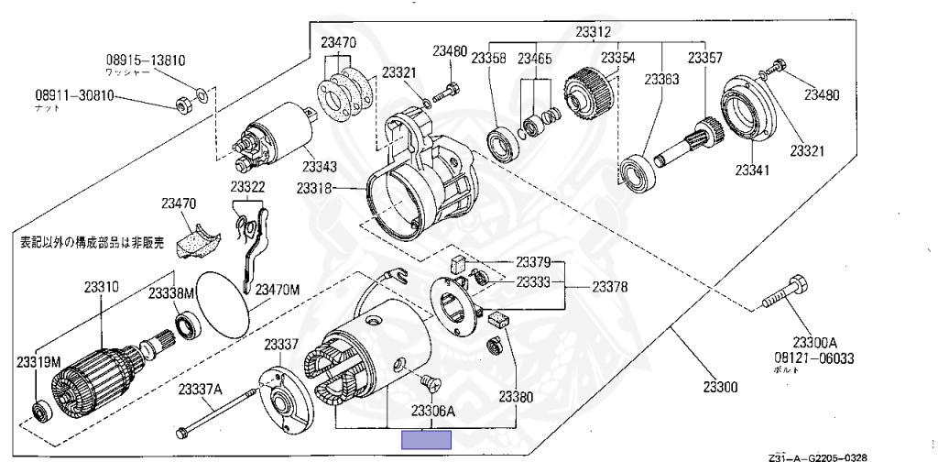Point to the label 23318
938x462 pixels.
(x=314, y=188)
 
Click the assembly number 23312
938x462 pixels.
(x=594, y=32)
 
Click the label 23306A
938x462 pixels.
(x=432, y=411)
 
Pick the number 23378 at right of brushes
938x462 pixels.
(x=609, y=287)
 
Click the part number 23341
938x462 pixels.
(x=753, y=169)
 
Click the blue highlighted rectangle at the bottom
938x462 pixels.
(x=428, y=439)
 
